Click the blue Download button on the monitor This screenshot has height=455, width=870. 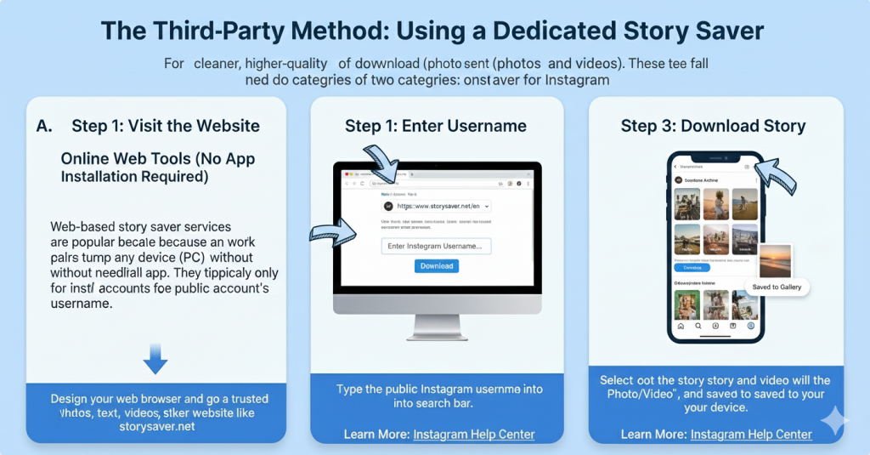point(437,266)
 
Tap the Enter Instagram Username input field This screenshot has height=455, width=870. point(436,246)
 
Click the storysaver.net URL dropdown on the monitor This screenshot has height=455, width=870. point(436,206)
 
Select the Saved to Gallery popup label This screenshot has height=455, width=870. point(776,287)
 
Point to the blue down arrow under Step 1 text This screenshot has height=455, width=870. point(155,359)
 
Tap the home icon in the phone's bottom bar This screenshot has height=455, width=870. point(680,326)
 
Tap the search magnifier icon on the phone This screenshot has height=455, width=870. point(698,326)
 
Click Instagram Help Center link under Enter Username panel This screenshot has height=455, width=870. point(474,435)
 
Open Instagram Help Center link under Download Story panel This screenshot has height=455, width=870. point(751,435)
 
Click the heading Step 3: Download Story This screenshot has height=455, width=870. point(713,126)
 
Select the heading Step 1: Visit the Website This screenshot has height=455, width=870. point(166,126)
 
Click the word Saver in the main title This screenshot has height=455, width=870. point(723,31)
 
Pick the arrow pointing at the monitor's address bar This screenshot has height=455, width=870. point(381,164)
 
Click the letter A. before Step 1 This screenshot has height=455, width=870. point(45,126)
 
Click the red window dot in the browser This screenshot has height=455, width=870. point(343,184)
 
